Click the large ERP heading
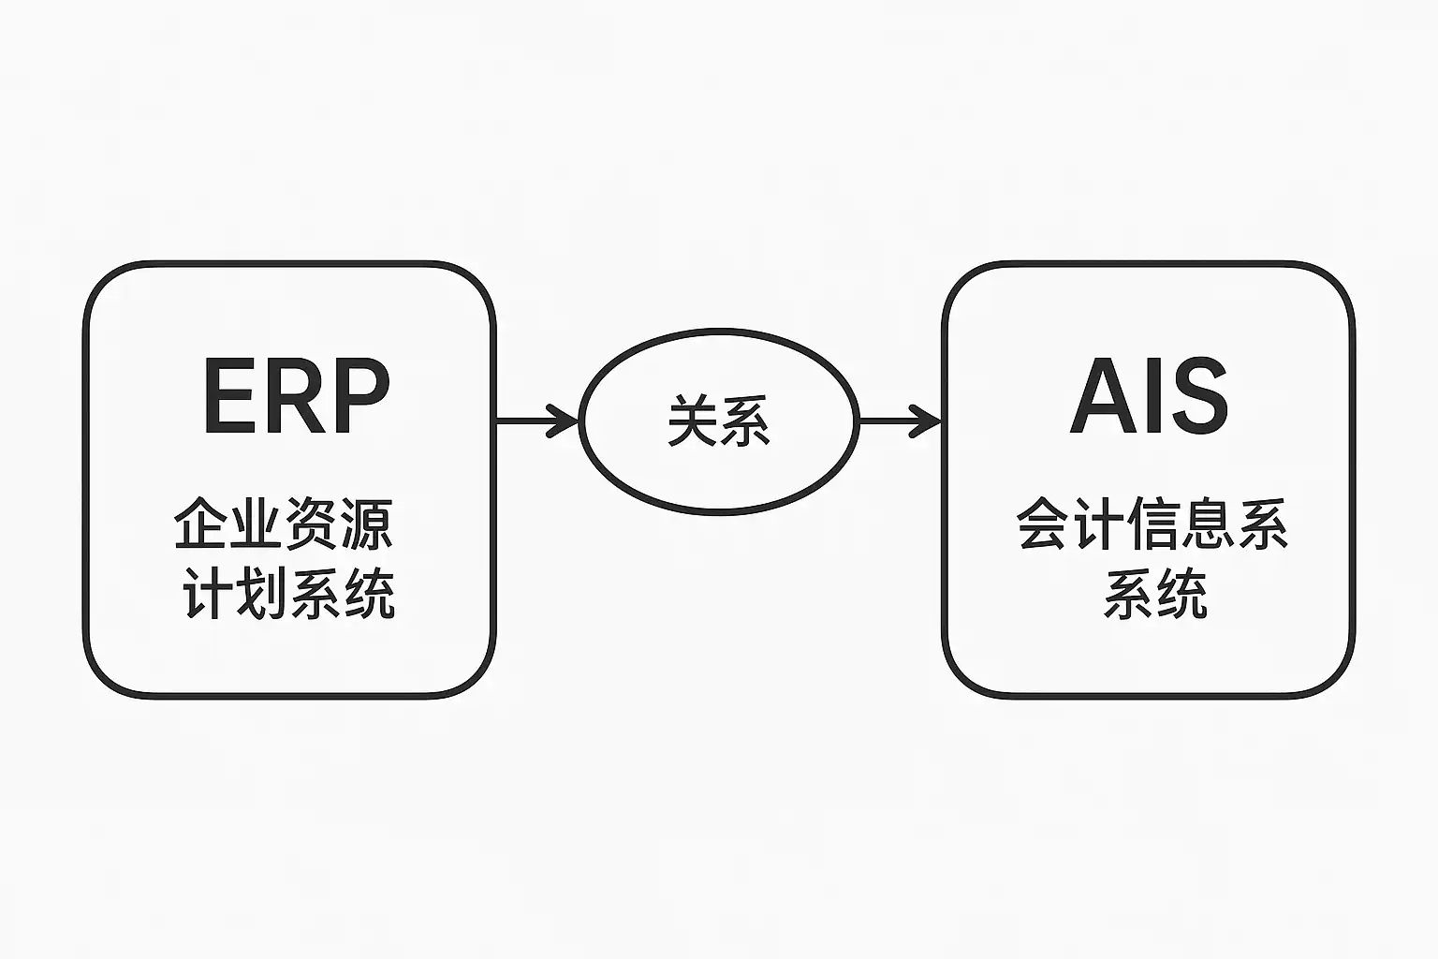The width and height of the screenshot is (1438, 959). [297, 395]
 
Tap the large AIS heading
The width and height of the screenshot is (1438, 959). [1149, 395]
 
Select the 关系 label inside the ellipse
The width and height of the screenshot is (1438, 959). [719, 420]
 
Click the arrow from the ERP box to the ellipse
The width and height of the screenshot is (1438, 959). [537, 420]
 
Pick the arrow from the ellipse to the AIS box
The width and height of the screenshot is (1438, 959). [900, 420]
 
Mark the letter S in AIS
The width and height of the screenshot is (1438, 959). [1197, 395]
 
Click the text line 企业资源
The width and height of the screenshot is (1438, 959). [283, 524]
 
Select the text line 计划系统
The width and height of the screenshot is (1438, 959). [289, 593]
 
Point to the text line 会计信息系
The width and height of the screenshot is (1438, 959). [1152, 524]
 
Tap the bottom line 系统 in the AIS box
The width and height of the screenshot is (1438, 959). [1155, 593]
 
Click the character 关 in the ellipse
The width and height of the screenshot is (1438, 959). [693, 420]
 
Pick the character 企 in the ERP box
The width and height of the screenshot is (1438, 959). [200, 524]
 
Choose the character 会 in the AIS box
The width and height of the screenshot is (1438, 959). [1043, 524]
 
